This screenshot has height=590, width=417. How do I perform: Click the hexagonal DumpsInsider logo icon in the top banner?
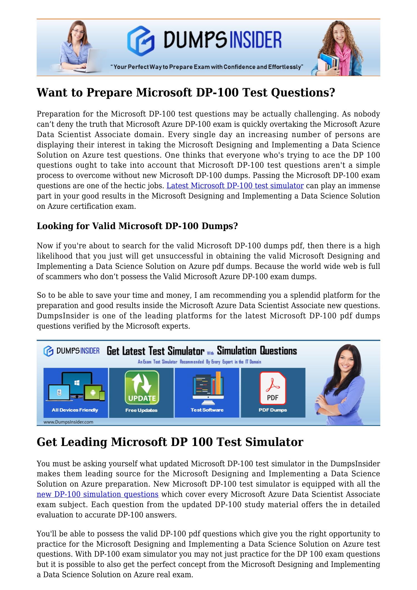(141, 41)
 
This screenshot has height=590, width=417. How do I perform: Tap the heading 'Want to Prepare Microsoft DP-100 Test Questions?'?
(186, 93)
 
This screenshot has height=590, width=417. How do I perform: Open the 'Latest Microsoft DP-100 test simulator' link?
(235, 186)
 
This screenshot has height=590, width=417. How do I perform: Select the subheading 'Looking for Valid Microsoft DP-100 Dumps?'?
(137, 226)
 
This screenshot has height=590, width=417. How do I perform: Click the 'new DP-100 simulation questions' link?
(98, 494)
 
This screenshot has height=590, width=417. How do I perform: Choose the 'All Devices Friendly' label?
(75, 410)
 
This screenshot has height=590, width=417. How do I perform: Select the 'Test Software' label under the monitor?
(207, 410)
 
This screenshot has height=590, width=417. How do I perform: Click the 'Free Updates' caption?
(141, 410)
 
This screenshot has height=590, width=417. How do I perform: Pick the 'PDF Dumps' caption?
(272, 410)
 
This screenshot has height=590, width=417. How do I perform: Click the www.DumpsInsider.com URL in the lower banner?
(68, 422)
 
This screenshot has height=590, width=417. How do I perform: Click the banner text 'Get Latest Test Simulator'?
(155, 351)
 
